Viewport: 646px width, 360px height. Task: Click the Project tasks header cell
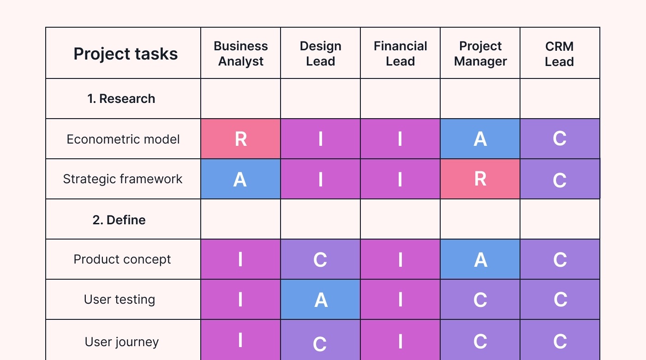point(126,54)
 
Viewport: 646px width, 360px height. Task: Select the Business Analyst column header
point(240,54)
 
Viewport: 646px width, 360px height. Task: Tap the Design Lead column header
point(320,54)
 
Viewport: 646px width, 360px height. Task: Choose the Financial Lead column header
point(400,54)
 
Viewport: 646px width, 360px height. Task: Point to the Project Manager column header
point(480,54)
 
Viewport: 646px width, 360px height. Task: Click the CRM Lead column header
point(559,54)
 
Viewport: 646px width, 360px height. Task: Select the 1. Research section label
point(121,99)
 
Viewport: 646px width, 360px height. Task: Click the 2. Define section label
point(119,220)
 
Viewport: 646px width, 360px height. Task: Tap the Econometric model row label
point(123,139)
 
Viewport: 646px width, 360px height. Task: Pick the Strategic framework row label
point(123,179)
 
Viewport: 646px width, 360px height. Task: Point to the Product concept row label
point(122,259)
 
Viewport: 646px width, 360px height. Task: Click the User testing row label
point(120,300)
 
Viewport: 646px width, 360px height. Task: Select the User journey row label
point(122,342)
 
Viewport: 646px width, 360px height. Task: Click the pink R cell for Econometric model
point(240,139)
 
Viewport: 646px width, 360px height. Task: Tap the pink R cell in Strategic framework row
point(480,179)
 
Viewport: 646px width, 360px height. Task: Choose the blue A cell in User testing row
point(320,300)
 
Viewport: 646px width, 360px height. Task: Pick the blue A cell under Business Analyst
point(240,179)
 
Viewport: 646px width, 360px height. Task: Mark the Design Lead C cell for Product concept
point(320,259)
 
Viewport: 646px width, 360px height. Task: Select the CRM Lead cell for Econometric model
point(560,139)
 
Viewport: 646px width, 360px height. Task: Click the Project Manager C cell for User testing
point(480,300)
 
